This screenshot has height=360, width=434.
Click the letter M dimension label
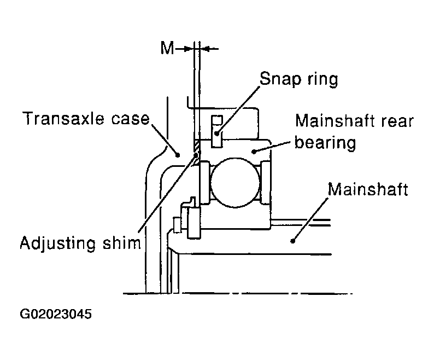(167, 48)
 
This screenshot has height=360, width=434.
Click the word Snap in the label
(280, 79)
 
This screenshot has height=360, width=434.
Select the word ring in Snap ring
(322, 79)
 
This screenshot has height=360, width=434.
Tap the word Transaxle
(63, 118)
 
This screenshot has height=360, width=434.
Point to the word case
(131, 119)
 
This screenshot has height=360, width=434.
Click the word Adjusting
(58, 244)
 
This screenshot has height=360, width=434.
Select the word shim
(122, 243)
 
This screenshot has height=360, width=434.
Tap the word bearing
(325, 143)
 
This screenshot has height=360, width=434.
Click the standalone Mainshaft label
(368, 189)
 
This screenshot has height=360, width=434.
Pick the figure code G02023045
(56, 314)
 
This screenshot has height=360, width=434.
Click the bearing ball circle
(235, 183)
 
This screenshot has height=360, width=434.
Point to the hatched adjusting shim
(196, 153)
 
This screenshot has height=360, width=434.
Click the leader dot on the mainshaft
(292, 241)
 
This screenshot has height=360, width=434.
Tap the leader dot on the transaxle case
(178, 155)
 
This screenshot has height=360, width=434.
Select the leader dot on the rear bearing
(254, 152)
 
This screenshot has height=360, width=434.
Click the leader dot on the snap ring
(218, 133)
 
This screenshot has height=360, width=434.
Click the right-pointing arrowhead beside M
(189, 49)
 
